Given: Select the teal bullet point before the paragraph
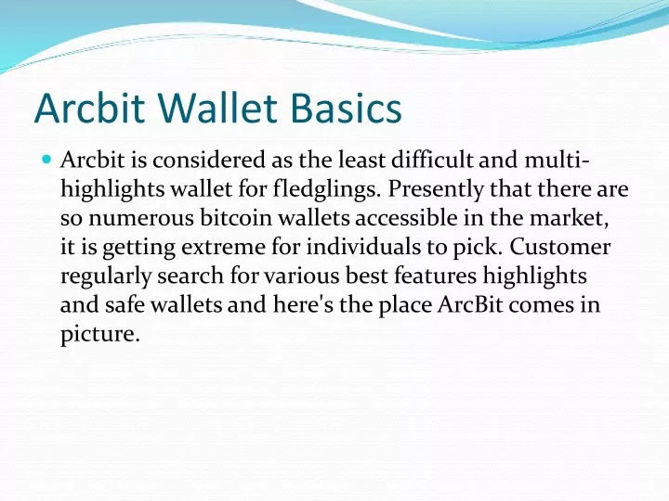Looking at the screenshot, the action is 47,160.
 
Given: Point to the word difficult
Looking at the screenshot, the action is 432,161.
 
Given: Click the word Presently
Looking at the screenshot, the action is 436,189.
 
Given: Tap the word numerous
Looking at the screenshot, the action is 141,219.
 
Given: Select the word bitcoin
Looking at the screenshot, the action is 236,218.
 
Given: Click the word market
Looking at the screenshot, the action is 570,219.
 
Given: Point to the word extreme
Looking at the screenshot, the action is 223,248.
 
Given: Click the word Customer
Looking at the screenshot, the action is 559,247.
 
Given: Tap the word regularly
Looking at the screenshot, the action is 106,276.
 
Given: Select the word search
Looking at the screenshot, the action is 190,276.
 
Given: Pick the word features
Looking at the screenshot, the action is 435,276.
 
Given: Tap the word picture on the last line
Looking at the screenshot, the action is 98,334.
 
